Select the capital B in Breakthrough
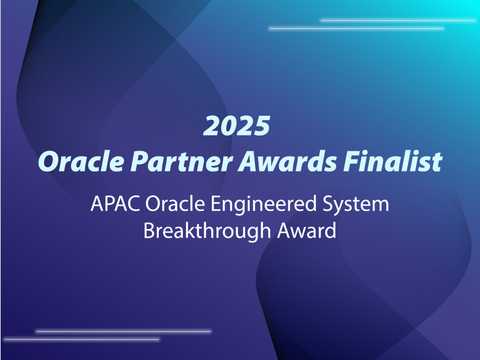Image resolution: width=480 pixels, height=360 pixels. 148,231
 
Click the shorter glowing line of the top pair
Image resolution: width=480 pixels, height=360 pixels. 398,20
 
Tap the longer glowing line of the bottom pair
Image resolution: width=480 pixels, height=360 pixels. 123,331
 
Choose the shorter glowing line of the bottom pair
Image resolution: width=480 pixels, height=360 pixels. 82,340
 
